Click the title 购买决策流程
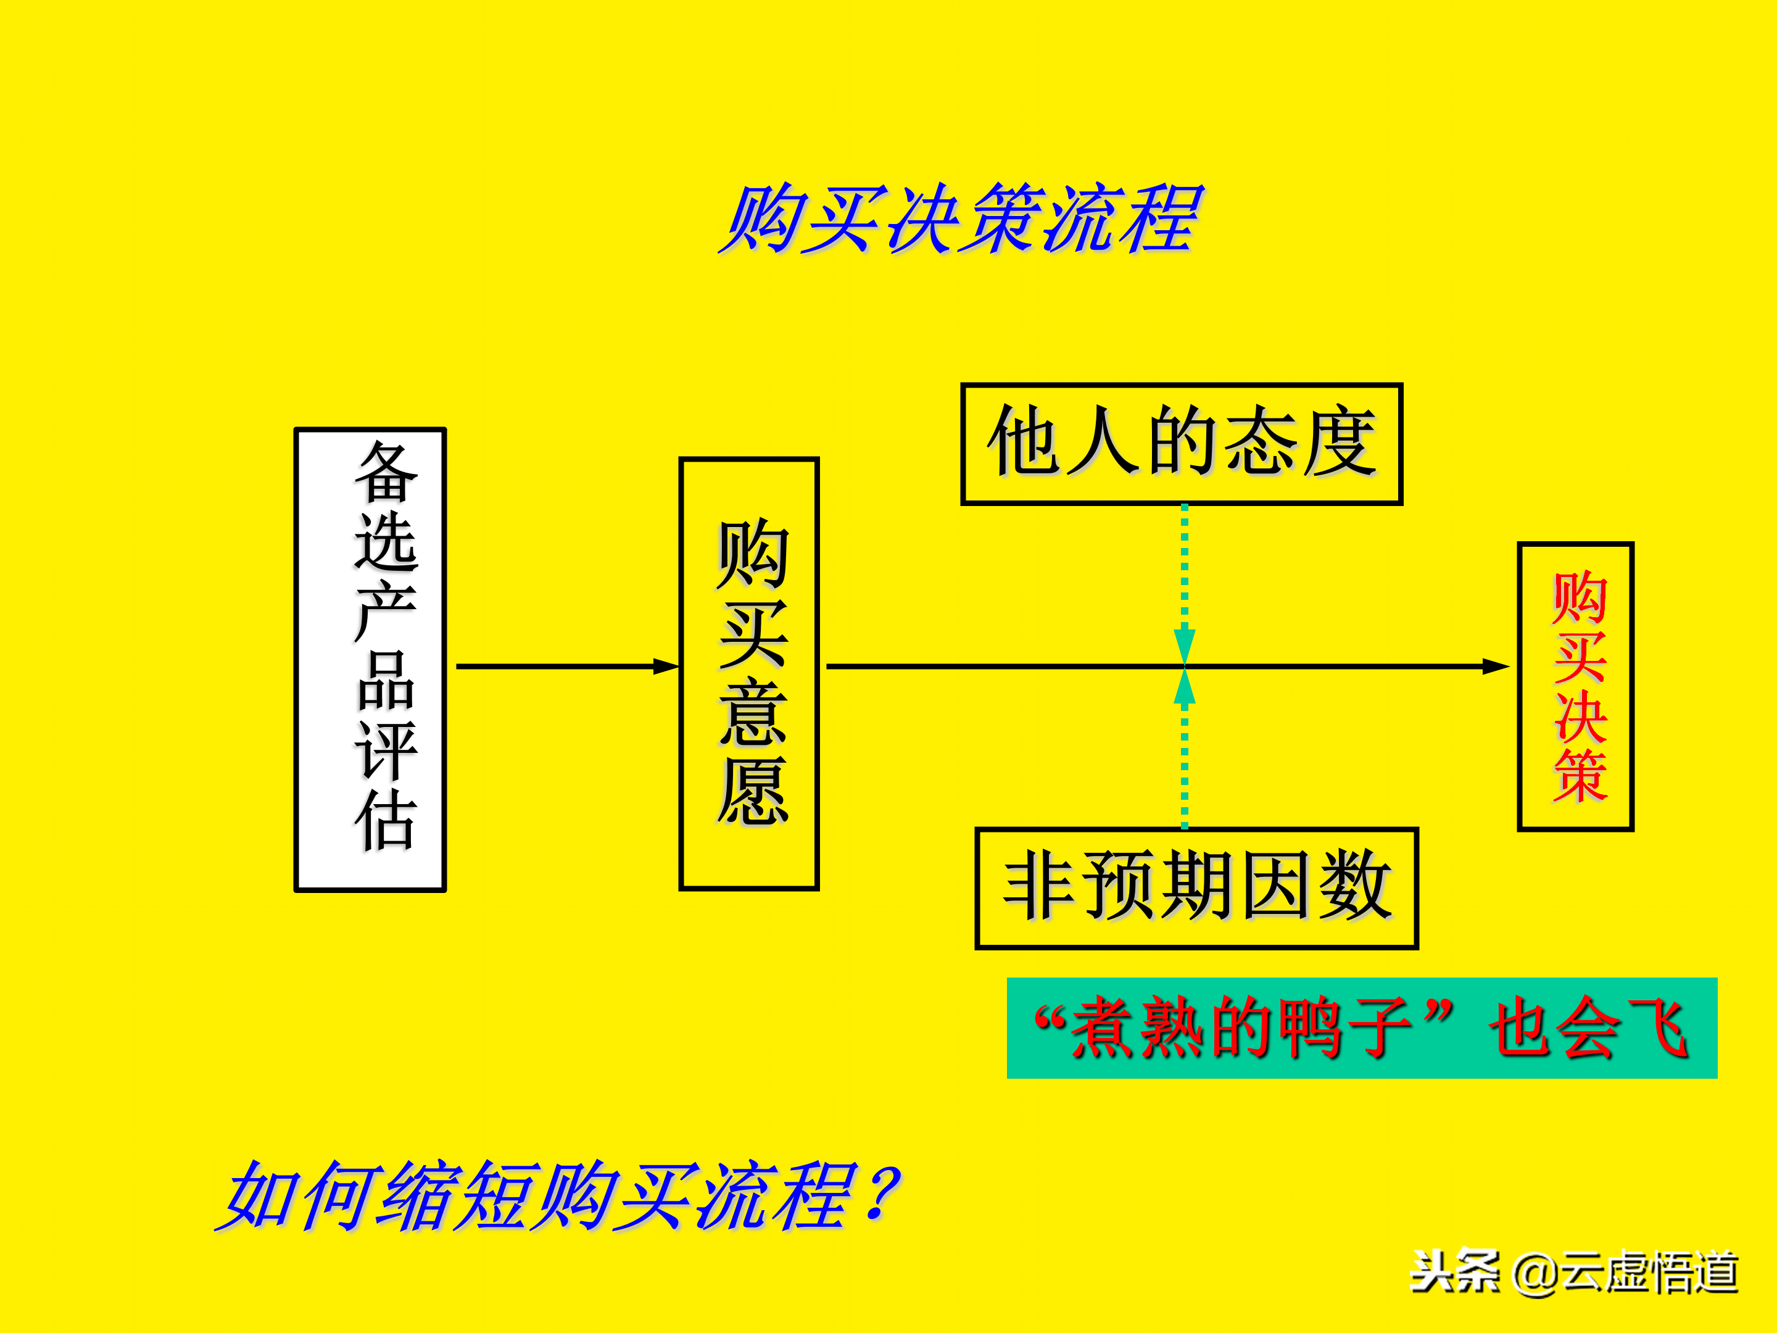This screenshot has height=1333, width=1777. click(960, 218)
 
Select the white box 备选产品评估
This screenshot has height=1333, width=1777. click(370, 660)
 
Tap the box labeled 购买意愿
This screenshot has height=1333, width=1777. click(748, 673)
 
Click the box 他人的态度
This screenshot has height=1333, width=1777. click(1182, 444)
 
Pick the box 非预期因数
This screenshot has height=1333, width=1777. click(1196, 888)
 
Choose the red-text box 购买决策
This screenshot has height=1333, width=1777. click(1575, 686)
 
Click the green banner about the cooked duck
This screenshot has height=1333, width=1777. click(1362, 1028)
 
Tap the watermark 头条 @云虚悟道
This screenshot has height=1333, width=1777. click(1574, 1272)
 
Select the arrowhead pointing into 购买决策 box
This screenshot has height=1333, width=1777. click(1496, 666)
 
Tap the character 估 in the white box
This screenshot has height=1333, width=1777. click(386, 820)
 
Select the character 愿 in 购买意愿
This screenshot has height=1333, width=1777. click(753, 791)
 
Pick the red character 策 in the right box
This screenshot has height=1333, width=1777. click(1580, 775)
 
